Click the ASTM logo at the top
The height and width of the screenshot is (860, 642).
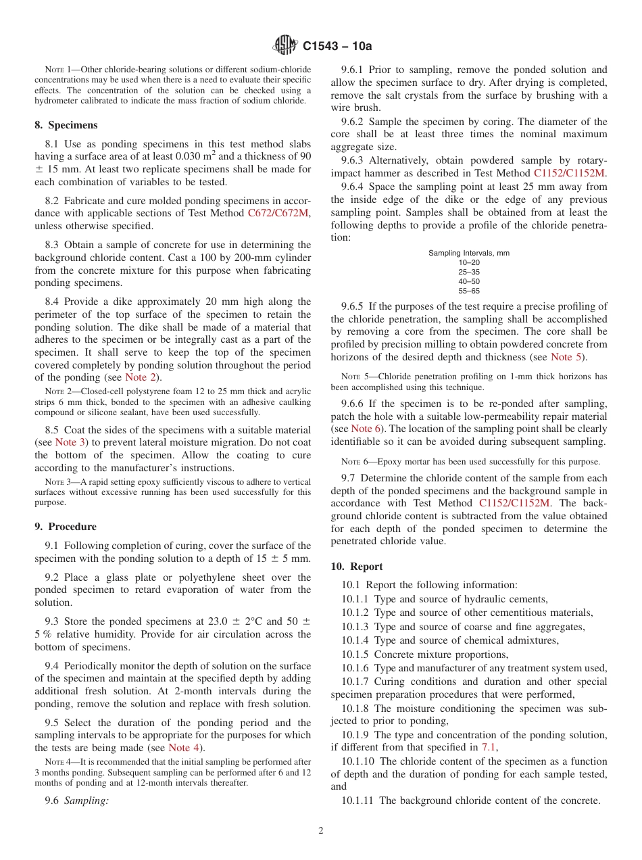point(285,46)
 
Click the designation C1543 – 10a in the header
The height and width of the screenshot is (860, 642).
point(337,47)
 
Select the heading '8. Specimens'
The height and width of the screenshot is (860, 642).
point(66,125)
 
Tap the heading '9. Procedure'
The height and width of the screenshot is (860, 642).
point(65,527)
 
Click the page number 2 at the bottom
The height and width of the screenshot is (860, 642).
point(321,831)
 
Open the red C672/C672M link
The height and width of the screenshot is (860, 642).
point(278,213)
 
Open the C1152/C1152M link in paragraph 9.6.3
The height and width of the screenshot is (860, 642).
point(570,172)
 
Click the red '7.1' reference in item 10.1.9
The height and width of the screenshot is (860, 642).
point(489,747)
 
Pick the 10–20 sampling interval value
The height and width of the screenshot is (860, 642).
point(468,262)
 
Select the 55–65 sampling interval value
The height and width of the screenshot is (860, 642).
point(468,291)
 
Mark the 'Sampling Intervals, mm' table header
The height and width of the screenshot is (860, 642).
point(468,253)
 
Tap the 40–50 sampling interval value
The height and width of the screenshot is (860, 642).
point(468,281)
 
